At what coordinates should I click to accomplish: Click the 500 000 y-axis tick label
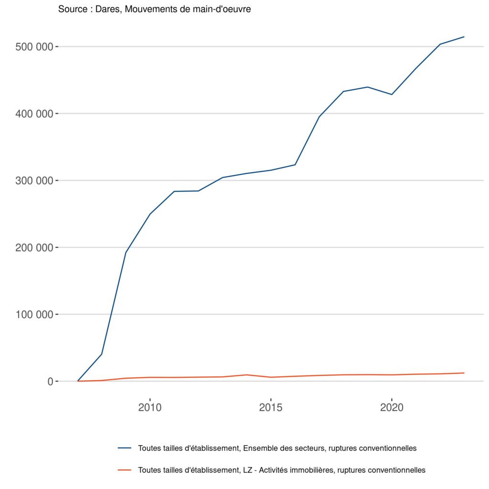(36, 47)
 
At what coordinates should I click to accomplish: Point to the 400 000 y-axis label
(36, 114)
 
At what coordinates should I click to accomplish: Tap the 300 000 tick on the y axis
(36, 181)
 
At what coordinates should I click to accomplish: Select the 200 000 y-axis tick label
(36, 247)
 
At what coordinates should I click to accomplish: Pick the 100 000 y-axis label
(36, 314)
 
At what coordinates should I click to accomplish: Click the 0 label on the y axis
(49, 381)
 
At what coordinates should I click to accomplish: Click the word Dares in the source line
(106, 9)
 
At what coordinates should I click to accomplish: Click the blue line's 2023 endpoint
(464, 37)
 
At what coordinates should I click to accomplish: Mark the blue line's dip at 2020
(392, 95)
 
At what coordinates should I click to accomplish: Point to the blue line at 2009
(126, 252)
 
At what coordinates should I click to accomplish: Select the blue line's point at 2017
(319, 117)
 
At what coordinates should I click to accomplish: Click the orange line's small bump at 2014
(246, 375)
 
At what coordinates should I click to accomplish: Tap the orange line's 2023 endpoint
(464, 373)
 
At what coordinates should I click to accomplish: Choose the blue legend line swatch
(125, 448)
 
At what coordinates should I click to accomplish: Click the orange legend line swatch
(125, 470)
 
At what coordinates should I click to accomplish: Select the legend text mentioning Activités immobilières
(281, 470)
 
